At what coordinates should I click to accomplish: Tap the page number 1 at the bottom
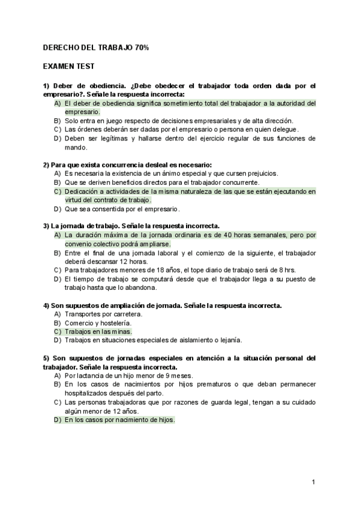point(313,481)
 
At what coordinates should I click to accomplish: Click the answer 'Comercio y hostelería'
point(97,322)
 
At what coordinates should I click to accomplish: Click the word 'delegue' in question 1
point(284,129)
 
